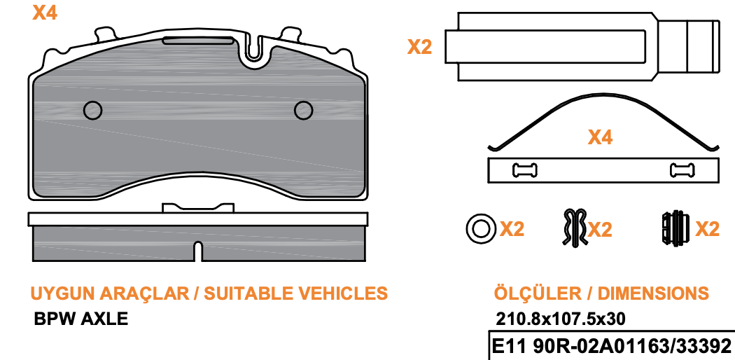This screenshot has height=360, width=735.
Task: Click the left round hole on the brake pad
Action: pos(93,110)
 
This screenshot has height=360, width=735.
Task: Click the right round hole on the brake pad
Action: pos(303,110)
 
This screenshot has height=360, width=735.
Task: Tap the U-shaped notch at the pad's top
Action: pos(253,49)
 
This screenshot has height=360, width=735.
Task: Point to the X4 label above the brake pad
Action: pos(45,13)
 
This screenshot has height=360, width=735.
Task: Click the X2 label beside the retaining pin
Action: pos(419,47)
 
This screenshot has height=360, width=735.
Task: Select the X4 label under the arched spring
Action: pos(600,137)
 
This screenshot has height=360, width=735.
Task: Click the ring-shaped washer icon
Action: pos(480,229)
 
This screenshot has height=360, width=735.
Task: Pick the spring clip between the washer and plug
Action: pos(575,228)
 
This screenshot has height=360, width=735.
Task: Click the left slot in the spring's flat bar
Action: pos(525,170)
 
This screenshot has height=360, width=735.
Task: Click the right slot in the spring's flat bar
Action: pos(682,170)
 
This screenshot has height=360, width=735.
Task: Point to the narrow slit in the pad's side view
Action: pos(198,251)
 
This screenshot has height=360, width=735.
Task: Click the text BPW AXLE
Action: pos(80,319)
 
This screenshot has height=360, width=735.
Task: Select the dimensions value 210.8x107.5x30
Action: pos(560,319)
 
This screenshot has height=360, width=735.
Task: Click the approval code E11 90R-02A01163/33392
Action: pos(611,347)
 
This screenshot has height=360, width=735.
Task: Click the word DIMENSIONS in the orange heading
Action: pos(653,293)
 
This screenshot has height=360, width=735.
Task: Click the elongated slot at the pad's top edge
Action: pos(198,41)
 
